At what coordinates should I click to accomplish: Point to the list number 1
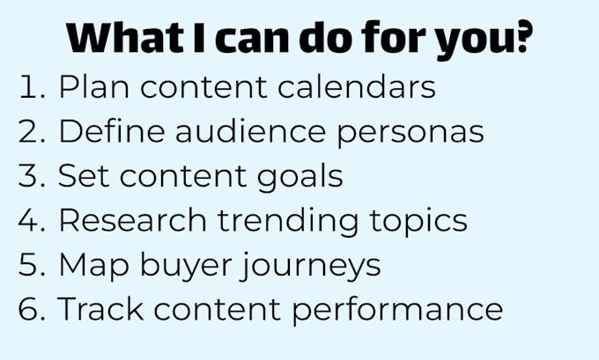(x=32, y=86)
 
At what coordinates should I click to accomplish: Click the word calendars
(x=357, y=86)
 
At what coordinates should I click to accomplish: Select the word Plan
(x=93, y=86)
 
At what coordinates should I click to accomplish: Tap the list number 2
(x=32, y=131)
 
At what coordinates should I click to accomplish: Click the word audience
(x=250, y=131)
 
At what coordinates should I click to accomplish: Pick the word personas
(x=410, y=135)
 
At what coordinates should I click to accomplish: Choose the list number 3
(x=32, y=175)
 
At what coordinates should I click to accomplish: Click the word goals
(x=299, y=178)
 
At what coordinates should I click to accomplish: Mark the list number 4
(x=32, y=220)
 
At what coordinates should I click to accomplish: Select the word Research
(x=132, y=220)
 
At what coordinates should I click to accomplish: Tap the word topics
(x=418, y=222)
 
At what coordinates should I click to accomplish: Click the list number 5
(x=32, y=265)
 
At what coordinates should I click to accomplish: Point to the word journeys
(x=311, y=266)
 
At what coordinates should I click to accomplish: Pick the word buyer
(x=186, y=266)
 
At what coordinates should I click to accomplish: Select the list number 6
(x=32, y=309)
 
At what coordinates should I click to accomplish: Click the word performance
(x=397, y=311)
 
